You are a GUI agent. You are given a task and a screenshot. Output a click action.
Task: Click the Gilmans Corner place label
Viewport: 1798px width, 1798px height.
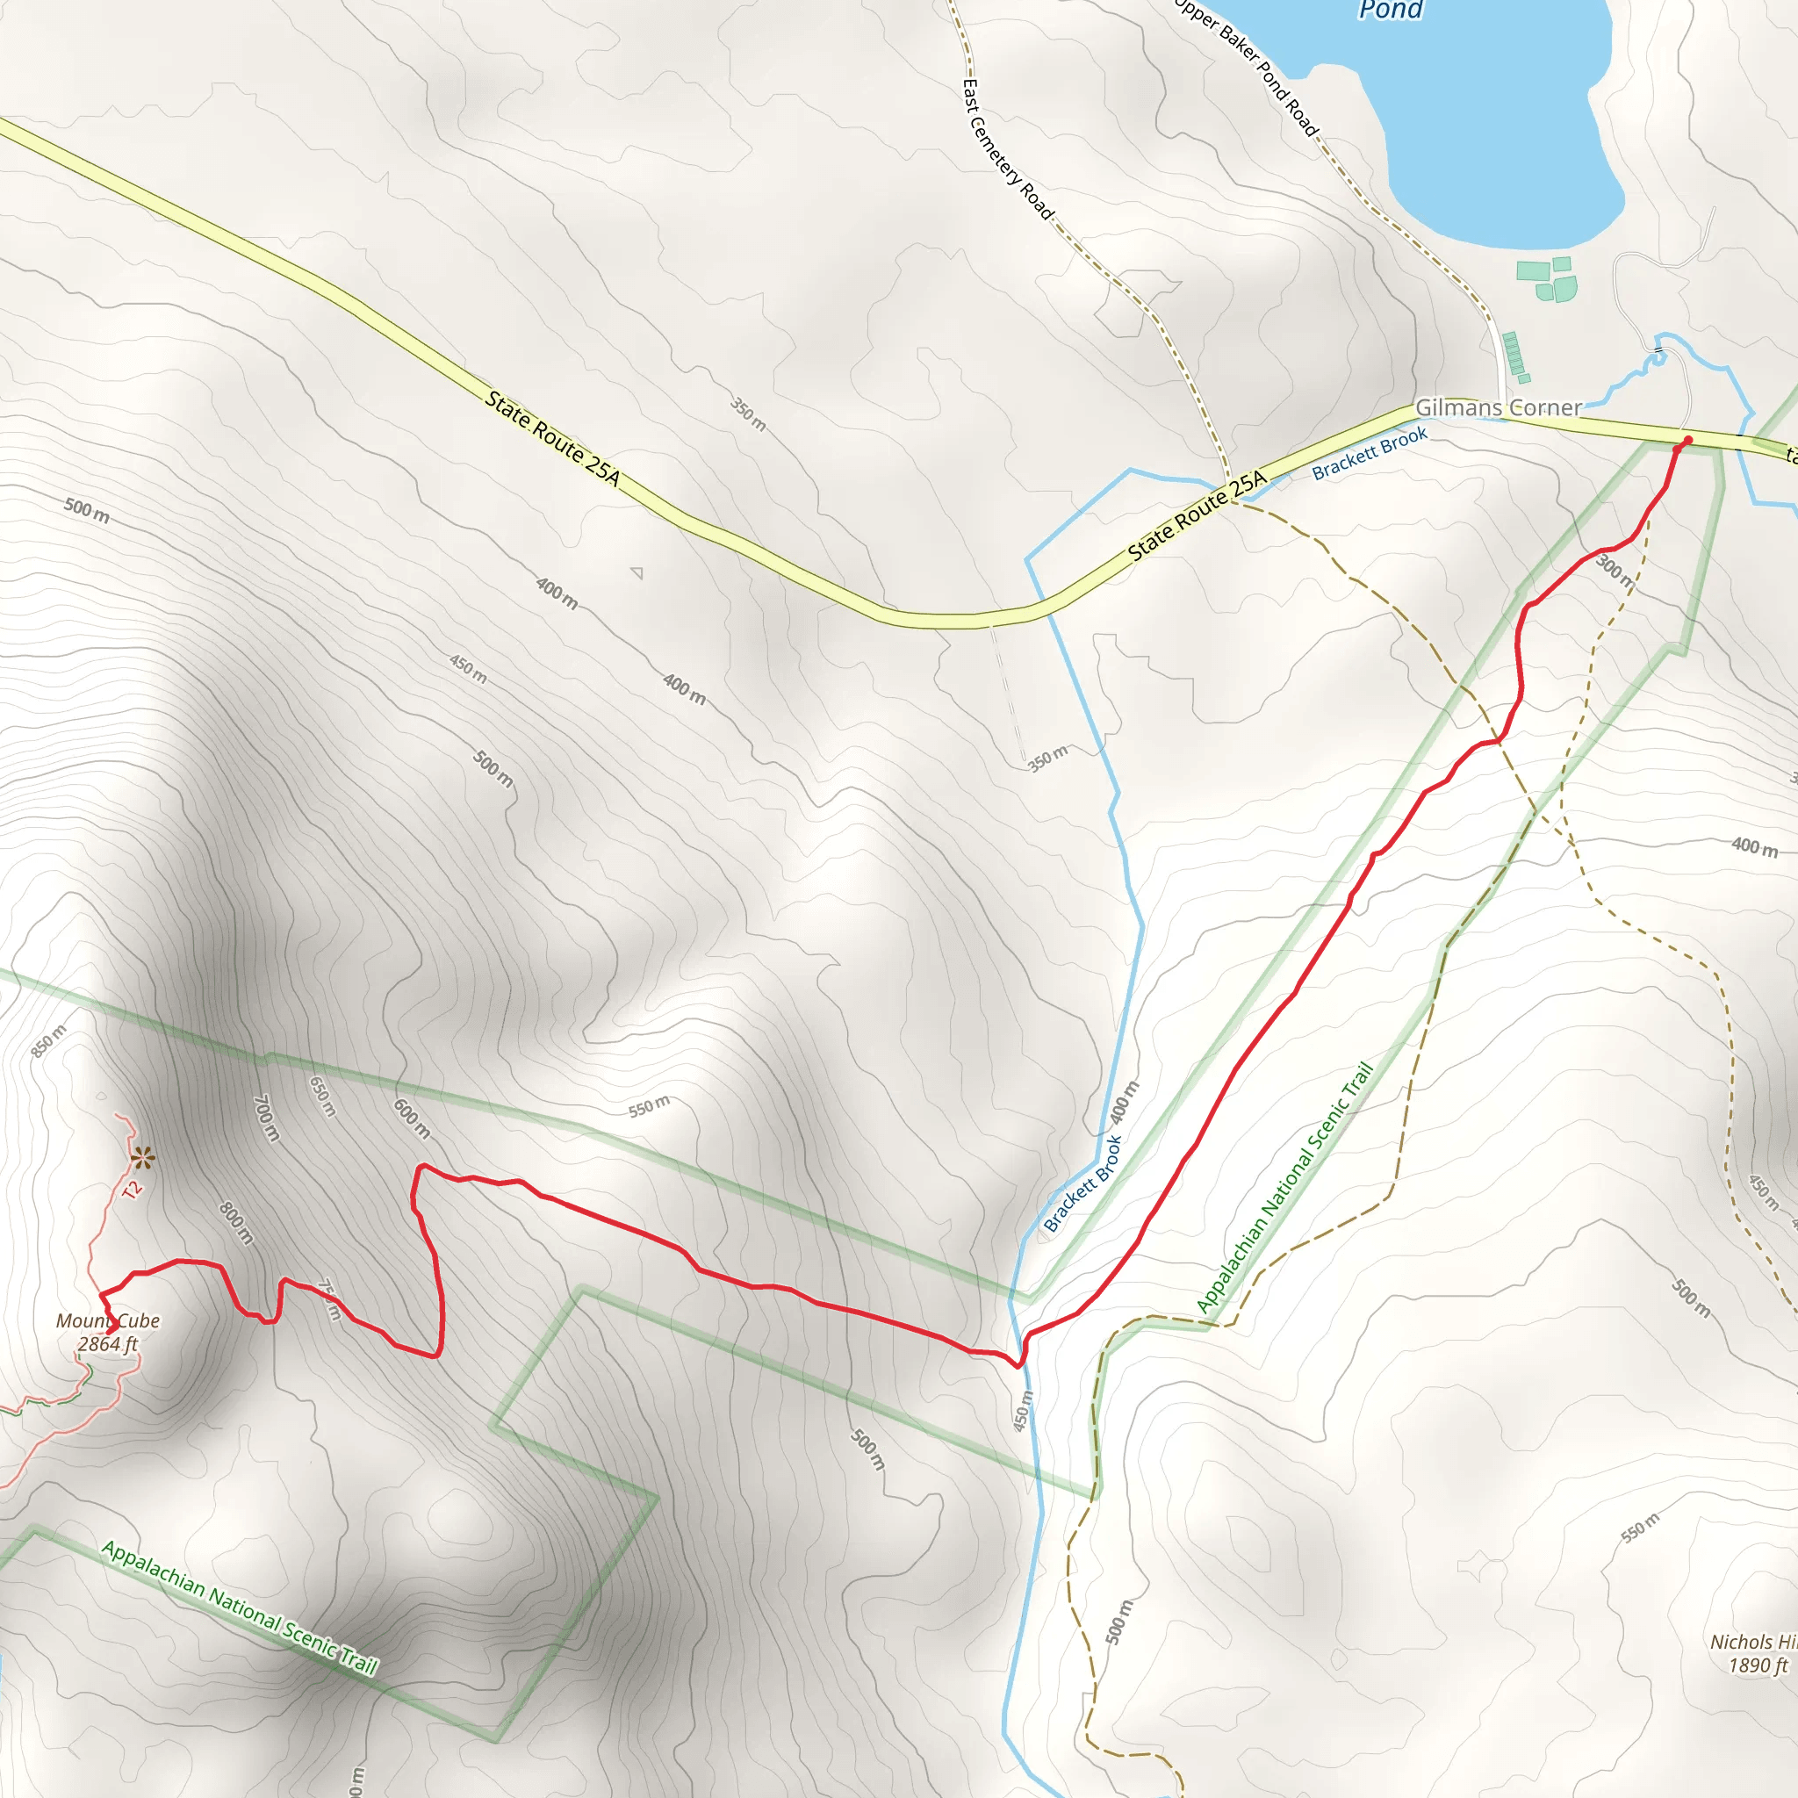[x=1498, y=407]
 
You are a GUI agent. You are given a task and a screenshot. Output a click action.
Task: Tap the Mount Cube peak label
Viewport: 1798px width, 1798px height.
[x=108, y=1332]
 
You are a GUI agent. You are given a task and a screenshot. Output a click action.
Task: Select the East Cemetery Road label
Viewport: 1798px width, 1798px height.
[x=1007, y=150]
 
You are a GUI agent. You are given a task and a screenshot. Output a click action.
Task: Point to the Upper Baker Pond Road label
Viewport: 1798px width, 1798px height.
[x=1246, y=66]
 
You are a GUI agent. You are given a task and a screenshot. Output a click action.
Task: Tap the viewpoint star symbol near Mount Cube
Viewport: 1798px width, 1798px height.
[x=142, y=1159]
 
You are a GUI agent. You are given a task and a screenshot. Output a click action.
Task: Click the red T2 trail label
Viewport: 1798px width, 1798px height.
[x=133, y=1189]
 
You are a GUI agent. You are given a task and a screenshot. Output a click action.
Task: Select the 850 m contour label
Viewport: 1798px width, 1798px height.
[x=48, y=1041]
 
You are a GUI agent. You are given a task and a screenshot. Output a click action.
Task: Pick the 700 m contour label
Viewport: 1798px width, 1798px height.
[x=266, y=1117]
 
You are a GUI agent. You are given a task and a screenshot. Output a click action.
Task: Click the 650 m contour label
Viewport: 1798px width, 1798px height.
[x=322, y=1097]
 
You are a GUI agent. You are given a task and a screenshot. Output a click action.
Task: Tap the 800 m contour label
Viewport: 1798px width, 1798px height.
[x=236, y=1223]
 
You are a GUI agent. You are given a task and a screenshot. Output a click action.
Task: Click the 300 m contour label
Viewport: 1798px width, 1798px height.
[x=1615, y=571]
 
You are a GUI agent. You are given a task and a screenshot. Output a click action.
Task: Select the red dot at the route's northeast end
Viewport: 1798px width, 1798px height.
[x=1687, y=440]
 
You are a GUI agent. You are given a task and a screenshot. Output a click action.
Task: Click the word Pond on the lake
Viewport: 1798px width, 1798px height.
[x=1391, y=11]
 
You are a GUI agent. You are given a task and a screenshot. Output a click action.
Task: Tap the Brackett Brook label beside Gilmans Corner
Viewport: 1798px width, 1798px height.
[x=1369, y=453]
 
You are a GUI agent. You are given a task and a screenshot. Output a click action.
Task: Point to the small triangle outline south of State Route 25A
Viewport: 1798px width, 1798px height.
[x=637, y=572]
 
